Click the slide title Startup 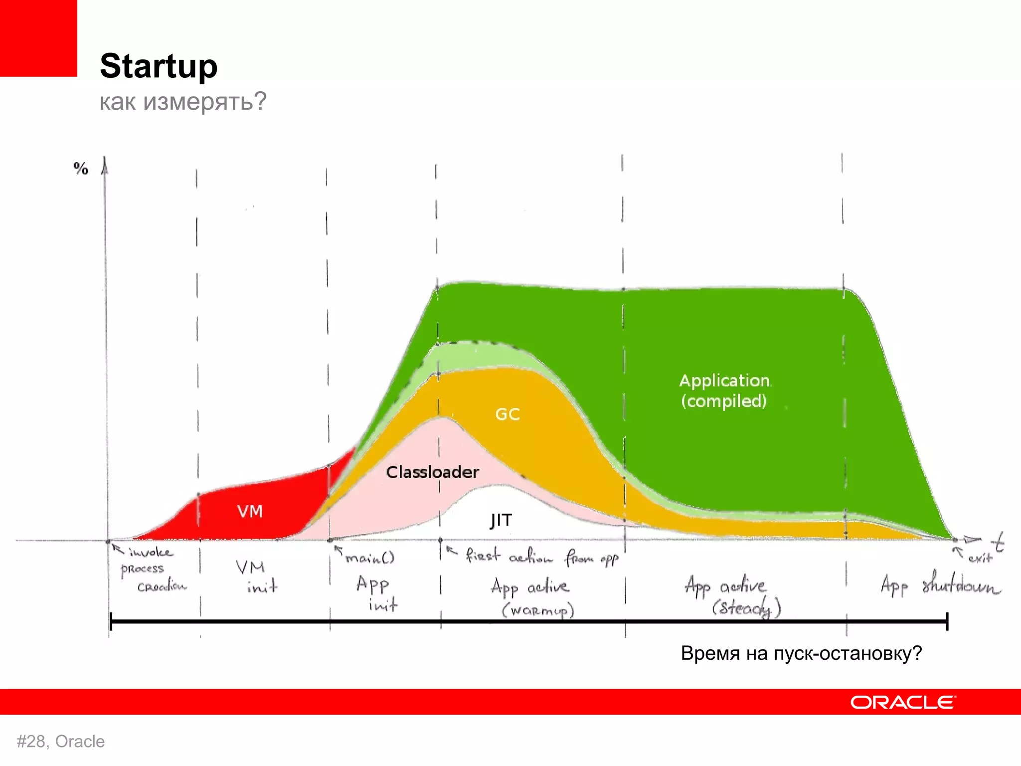[159, 66]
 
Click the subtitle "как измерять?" [183, 102]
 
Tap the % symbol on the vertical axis [81, 169]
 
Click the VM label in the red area [250, 512]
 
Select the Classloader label [432, 472]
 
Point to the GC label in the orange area [508, 414]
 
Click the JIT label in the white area [501, 521]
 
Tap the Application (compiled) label [724, 391]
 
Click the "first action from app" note [541, 557]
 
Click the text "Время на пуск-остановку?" [801, 653]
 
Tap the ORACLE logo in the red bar [903, 702]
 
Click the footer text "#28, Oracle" [61, 742]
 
